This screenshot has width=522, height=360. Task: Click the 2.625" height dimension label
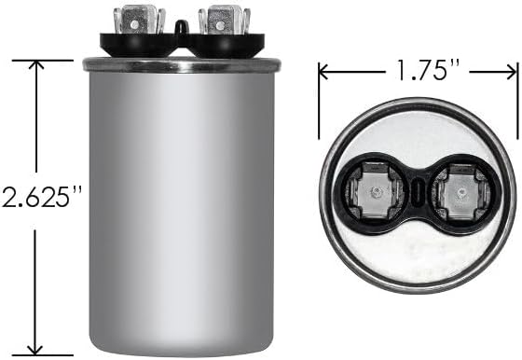(x=42, y=196)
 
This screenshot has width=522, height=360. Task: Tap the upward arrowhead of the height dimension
(x=36, y=65)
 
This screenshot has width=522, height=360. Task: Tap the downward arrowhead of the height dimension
(x=35, y=350)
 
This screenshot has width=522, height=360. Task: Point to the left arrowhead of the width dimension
(x=323, y=72)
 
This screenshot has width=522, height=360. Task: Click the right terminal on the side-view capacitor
(x=224, y=20)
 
